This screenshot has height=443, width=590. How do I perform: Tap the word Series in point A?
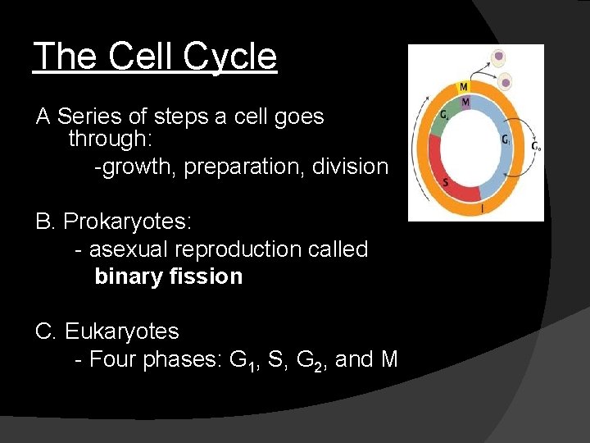pyautogui.click(x=91, y=116)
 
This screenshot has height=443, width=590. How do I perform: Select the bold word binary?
pyautogui.click(x=131, y=276)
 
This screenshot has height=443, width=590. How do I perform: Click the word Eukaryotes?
pyautogui.click(x=121, y=331)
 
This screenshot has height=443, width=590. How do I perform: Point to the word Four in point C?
pyautogui.click(x=113, y=359)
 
